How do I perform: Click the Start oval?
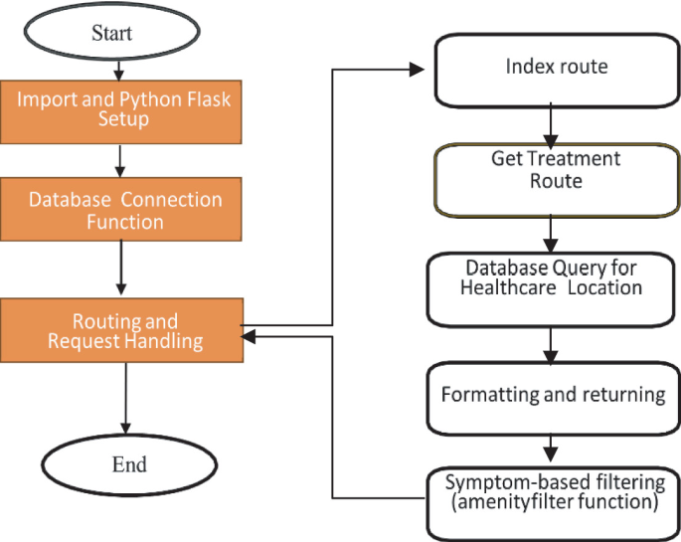coord(112,32)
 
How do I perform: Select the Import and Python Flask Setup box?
coord(124,109)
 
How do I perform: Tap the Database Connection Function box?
coord(124,210)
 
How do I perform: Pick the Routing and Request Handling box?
coord(124,331)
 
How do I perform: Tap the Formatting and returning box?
coord(553,396)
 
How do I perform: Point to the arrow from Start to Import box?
coord(118,69)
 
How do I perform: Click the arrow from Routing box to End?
coord(125,397)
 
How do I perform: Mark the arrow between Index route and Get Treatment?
coord(548,124)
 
